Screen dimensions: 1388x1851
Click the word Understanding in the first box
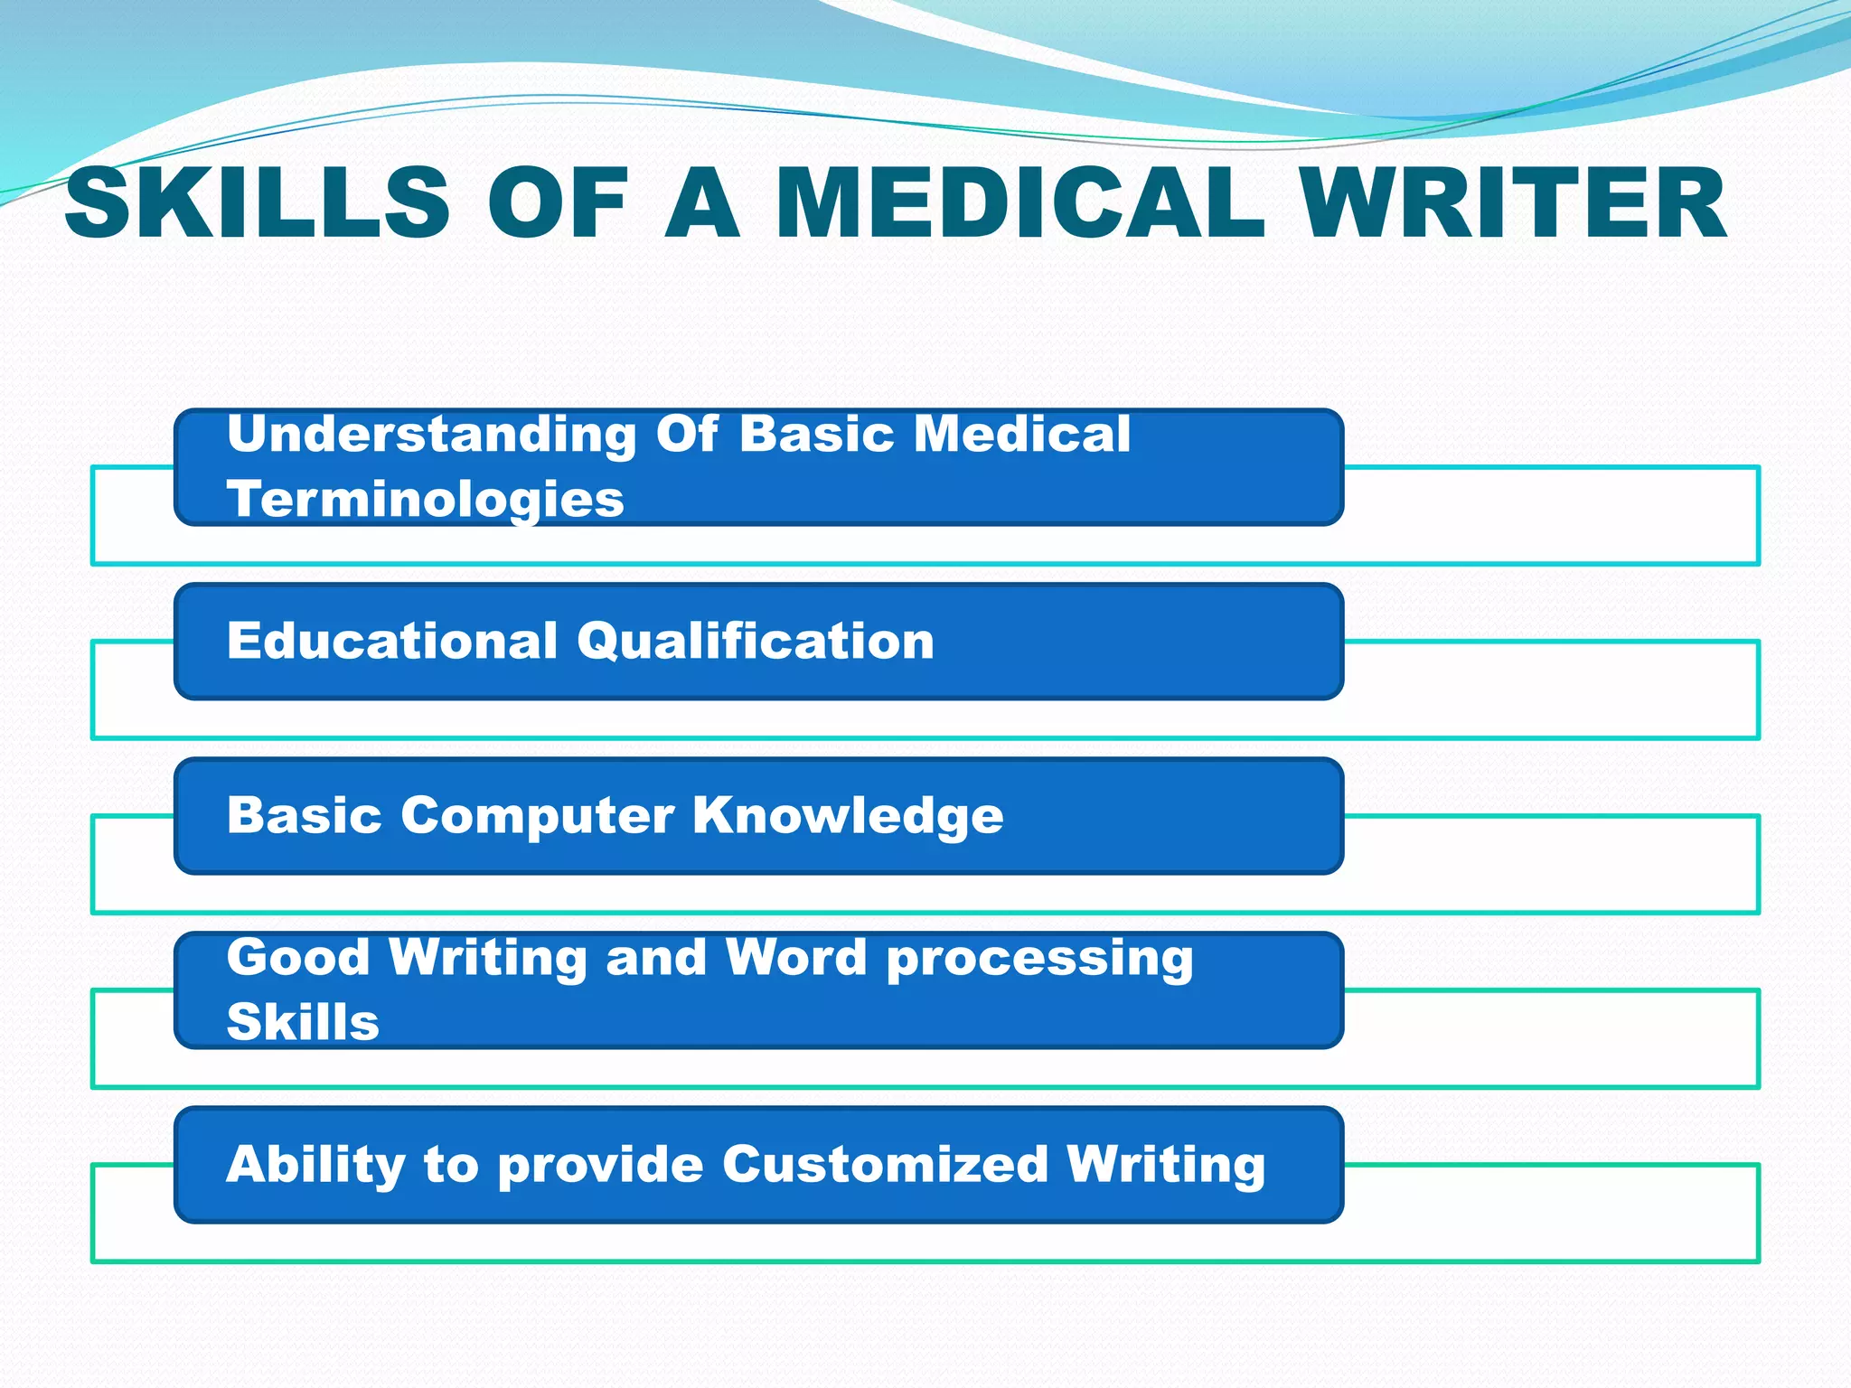[432, 435]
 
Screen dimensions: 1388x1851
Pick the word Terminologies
[425, 501]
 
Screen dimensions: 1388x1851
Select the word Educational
[391, 641]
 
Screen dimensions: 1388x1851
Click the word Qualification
[756, 642]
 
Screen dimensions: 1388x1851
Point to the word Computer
[537, 817]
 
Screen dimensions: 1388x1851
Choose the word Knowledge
[848, 817]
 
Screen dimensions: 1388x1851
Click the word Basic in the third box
[305, 815]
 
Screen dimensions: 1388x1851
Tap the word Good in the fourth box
[297, 957]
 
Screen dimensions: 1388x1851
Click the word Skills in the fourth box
[303, 1022]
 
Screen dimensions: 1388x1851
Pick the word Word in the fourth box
[795, 957]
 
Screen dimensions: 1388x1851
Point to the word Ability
[315, 1165]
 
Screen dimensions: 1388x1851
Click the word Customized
[885, 1164]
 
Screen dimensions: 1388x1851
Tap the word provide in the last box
[600, 1165]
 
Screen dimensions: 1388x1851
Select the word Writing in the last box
[1166, 1165]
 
